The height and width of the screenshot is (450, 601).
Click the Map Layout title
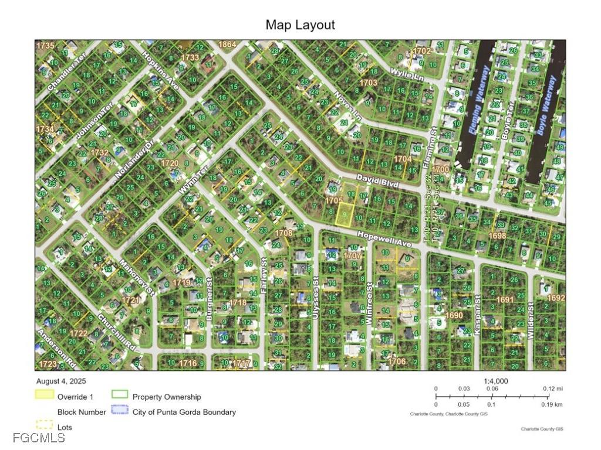pyautogui.click(x=300, y=25)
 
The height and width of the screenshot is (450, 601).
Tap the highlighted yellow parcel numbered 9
pyautogui.click(x=344, y=214)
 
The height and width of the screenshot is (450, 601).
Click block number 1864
pyautogui.click(x=227, y=45)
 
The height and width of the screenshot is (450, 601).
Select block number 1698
pyautogui.click(x=497, y=236)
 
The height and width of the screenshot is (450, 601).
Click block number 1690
pyautogui.click(x=454, y=315)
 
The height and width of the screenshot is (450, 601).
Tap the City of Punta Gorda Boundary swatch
pyautogui.click(x=120, y=411)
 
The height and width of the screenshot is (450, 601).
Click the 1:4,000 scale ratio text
pyautogui.click(x=496, y=381)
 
